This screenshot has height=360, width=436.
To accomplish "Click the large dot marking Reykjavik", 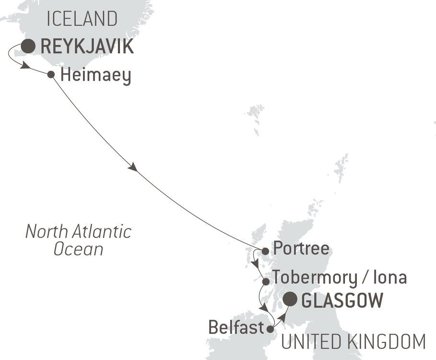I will [x=28, y=46].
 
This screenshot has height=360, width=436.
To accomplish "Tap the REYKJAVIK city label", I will [x=87, y=47].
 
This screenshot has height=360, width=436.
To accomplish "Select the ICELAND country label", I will [x=82, y=20].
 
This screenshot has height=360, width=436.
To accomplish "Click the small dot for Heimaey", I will [x=51, y=74].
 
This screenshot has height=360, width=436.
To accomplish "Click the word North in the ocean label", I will [x=44, y=232].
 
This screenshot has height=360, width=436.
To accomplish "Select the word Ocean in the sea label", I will [x=78, y=250].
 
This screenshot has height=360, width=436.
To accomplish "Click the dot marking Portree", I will [x=265, y=251].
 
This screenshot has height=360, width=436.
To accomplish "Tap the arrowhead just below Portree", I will [x=256, y=264].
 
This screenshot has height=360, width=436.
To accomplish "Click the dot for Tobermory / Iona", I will [x=266, y=281].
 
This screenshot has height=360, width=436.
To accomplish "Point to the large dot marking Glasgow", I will [x=289, y=300].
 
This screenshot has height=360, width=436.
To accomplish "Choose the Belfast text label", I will [x=236, y=328].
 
